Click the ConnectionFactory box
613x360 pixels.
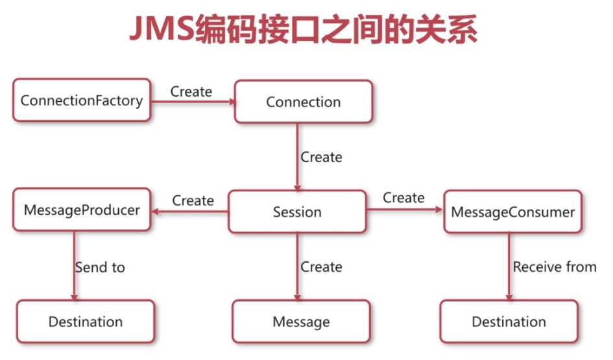(82, 100)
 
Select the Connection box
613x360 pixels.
(304, 102)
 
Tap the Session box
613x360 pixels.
(297, 211)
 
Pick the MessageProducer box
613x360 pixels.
(82, 210)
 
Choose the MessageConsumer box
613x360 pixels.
(513, 211)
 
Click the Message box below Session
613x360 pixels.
(301, 321)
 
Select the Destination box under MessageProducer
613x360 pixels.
(86, 321)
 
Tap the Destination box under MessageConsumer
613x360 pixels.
(509, 321)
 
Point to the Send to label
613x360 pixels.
(100, 267)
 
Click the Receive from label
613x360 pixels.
(555, 267)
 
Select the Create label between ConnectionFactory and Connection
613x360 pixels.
(191, 91)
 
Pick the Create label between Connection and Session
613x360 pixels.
(321, 157)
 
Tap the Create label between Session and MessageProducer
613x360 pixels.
(193, 200)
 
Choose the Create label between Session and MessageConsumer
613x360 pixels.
(403, 197)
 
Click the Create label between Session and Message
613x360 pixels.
(321, 267)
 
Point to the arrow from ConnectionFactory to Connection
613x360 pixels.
(193, 102)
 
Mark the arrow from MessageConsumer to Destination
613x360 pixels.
(509, 267)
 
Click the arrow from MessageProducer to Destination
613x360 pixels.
(75, 266)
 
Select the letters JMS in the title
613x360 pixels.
(162, 28)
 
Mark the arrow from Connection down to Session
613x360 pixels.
(298, 157)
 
